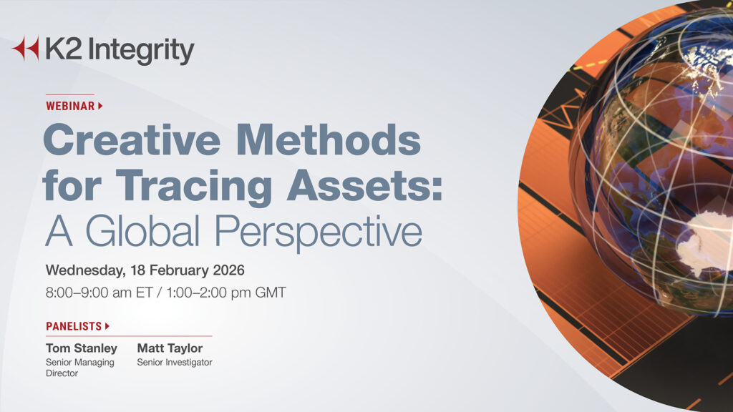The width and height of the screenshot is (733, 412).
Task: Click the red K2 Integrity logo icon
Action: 26,49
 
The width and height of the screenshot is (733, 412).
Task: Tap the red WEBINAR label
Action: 69,106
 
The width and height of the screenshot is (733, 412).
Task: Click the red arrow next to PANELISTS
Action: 107,326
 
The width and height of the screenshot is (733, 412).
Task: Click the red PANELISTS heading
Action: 74,326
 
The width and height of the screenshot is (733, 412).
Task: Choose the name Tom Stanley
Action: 81,348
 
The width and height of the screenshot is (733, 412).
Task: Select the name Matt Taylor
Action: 170,348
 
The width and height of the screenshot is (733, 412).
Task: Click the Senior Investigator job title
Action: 175,363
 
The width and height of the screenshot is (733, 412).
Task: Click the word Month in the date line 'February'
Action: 168,271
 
